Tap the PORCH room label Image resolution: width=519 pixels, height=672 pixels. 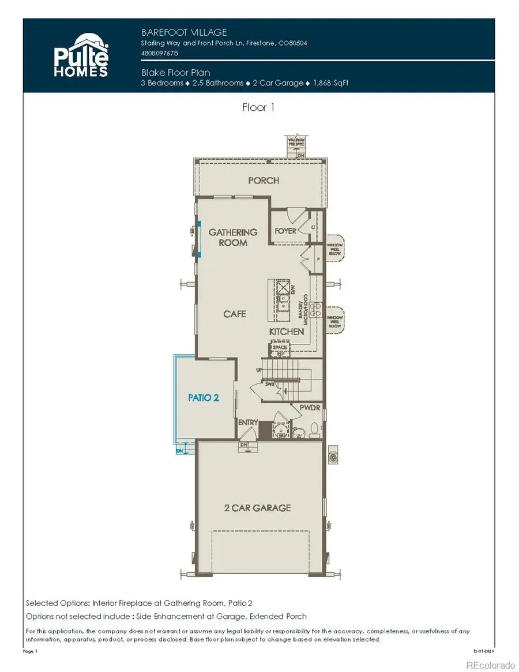(x=264, y=181)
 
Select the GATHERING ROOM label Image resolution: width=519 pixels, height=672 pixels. (x=233, y=237)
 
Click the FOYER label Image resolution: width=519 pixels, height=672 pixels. (x=285, y=231)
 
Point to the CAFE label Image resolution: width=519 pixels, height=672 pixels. (x=235, y=314)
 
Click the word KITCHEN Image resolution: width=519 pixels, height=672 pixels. (x=287, y=332)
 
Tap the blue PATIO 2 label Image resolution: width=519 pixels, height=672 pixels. (x=204, y=397)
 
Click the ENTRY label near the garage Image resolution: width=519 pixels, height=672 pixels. (x=248, y=423)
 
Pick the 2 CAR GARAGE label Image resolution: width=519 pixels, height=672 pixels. (x=257, y=508)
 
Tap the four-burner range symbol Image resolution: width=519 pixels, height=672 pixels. (x=315, y=310)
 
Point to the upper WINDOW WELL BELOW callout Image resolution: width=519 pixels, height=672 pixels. (x=334, y=248)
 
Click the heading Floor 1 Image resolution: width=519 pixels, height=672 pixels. (x=258, y=107)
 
